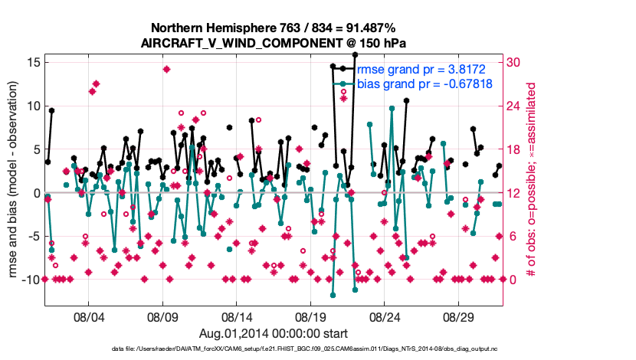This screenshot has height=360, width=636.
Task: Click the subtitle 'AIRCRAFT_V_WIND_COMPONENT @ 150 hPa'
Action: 274,43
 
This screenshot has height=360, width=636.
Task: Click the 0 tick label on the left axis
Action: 34,193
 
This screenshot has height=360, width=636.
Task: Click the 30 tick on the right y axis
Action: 516,62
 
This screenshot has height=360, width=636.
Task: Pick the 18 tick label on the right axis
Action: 516,149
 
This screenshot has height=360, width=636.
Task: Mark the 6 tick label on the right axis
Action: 513,236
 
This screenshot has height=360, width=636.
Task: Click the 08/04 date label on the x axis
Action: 88,316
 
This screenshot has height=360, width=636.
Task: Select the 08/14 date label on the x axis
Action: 237,316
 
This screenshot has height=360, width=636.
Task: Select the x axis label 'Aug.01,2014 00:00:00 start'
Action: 274,333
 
